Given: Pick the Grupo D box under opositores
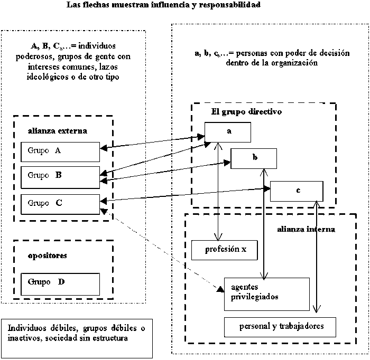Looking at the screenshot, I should click(x=59, y=283).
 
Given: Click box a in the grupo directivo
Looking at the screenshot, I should click(x=228, y=132).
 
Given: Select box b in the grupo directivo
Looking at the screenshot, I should click(x=254, y=157).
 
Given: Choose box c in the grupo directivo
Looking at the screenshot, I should click(x=296, y=191).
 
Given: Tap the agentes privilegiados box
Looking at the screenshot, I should click(x=266, y=293).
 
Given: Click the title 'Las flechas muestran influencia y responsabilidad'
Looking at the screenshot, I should click(x=163, y=6).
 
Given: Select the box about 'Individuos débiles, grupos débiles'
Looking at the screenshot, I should click(x=77, y=333).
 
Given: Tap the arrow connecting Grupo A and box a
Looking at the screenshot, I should click(x=153, y=143).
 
